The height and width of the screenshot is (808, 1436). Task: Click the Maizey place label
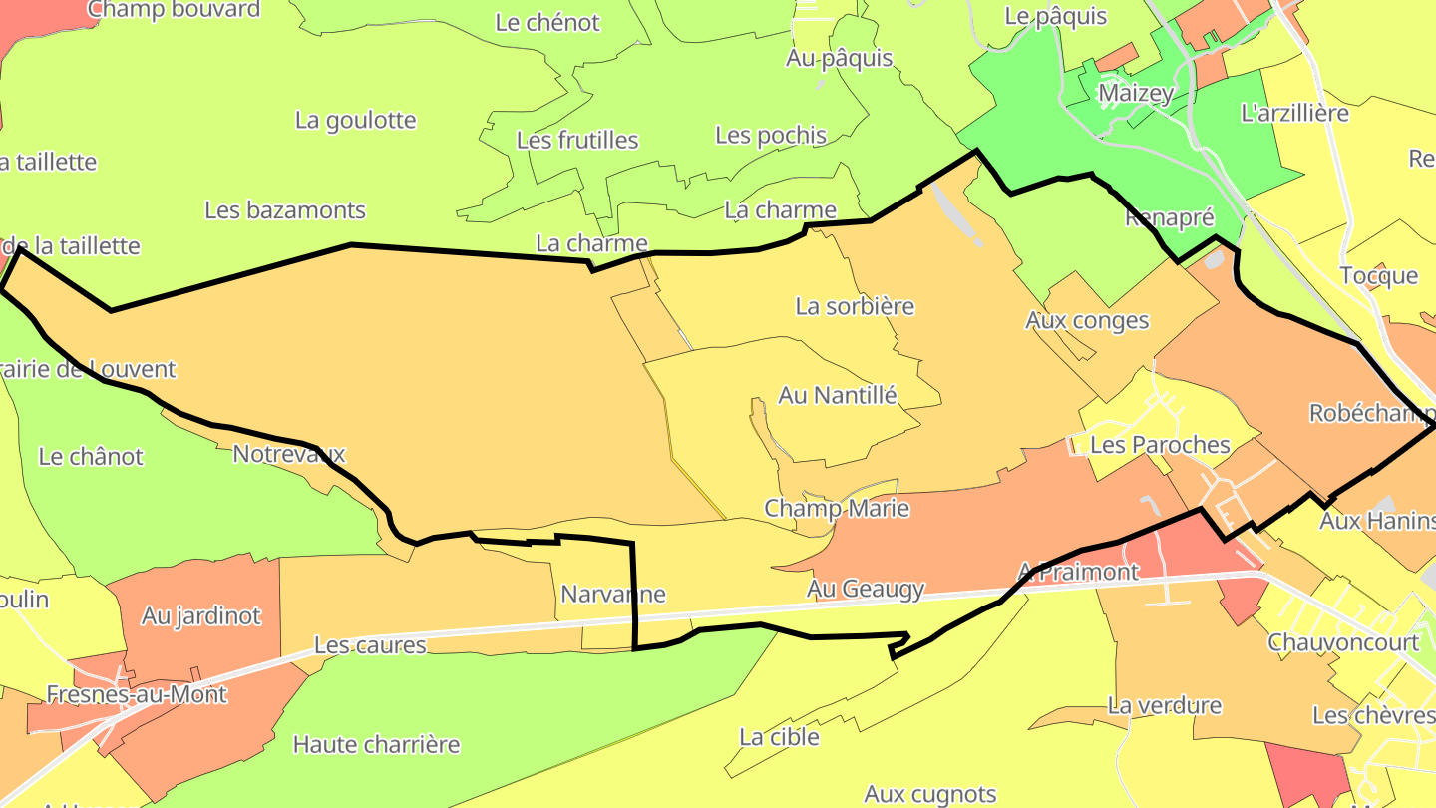1136,94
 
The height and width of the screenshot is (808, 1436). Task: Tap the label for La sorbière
855,306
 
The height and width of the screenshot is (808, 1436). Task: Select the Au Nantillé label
838,396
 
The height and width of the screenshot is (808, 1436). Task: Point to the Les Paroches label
1160,445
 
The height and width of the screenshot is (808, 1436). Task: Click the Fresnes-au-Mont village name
138,695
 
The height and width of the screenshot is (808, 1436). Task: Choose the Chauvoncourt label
1342,642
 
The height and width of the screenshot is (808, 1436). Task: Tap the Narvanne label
613,595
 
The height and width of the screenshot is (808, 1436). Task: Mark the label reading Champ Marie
837,509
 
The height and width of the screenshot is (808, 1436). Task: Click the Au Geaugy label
866,590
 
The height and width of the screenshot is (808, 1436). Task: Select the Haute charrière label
376,745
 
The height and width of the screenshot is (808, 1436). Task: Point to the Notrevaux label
288,455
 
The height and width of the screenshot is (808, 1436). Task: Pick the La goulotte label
355,121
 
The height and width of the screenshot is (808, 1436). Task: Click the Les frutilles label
577,141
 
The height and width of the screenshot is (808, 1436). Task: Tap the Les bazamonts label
285,211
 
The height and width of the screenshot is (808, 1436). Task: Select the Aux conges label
1087,321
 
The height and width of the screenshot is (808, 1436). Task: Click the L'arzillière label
1294,113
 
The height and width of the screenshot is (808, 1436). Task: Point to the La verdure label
1164,706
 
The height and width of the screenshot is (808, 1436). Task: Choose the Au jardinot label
200,616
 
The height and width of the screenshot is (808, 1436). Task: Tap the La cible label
779,738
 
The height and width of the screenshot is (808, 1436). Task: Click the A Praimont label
1077,573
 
